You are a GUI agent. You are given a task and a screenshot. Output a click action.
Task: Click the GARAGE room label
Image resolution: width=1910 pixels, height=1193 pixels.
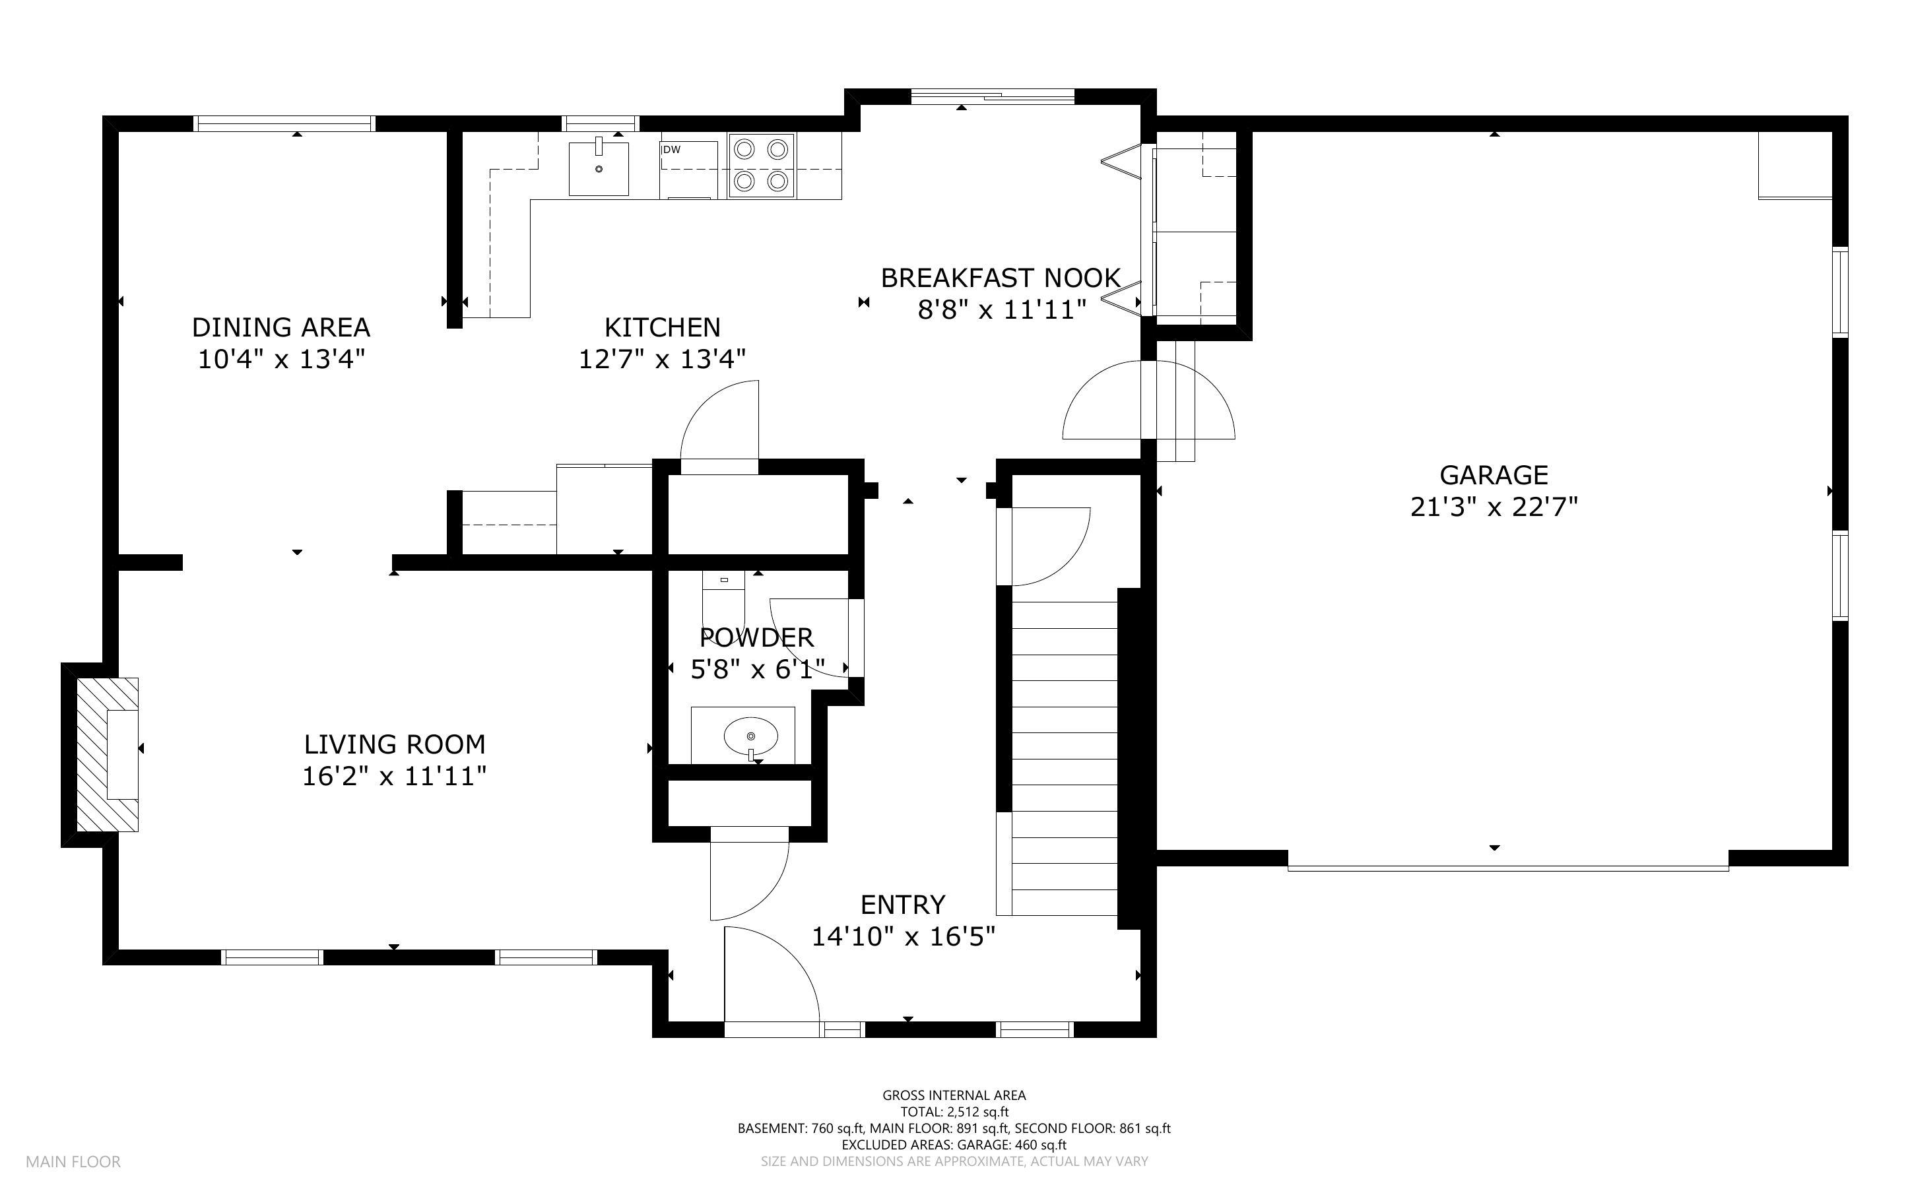pos(1494,475)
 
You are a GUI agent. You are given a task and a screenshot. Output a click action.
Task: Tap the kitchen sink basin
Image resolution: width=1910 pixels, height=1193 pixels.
pos(599,168)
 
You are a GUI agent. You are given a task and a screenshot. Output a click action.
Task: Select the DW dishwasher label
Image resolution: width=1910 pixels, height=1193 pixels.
pos(671,149)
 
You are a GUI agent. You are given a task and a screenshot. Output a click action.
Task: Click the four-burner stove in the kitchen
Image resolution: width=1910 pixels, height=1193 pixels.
pos(762,166)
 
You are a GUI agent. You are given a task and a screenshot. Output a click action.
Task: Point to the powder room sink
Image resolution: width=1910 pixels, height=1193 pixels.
pos(750,736)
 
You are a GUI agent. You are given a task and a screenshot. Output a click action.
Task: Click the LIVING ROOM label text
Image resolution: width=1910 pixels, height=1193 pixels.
pos(395,744)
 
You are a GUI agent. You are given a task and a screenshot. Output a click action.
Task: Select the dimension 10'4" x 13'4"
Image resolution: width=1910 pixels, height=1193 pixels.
pos(281,360)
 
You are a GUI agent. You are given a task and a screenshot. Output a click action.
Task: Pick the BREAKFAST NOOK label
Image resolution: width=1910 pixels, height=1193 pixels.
pos(1001,278)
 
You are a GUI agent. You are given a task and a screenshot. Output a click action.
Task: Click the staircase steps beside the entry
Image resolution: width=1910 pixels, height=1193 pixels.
pos(1065,758)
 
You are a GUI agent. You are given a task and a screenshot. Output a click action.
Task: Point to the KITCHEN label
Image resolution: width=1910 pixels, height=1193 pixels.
pos(662,327)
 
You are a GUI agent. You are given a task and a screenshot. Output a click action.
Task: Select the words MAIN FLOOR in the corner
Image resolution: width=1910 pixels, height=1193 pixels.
pos(73,1161)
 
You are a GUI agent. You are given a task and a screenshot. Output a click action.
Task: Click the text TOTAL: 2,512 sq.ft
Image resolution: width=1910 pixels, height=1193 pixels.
pos(954,1112)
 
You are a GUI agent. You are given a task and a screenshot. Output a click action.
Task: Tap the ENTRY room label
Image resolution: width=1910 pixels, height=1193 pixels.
pos(903,904)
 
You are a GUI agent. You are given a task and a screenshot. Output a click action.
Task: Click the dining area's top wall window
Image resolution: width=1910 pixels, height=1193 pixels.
pos(284,123)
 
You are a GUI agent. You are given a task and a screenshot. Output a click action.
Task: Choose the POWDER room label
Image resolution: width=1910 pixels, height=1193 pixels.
pos(756,637)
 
